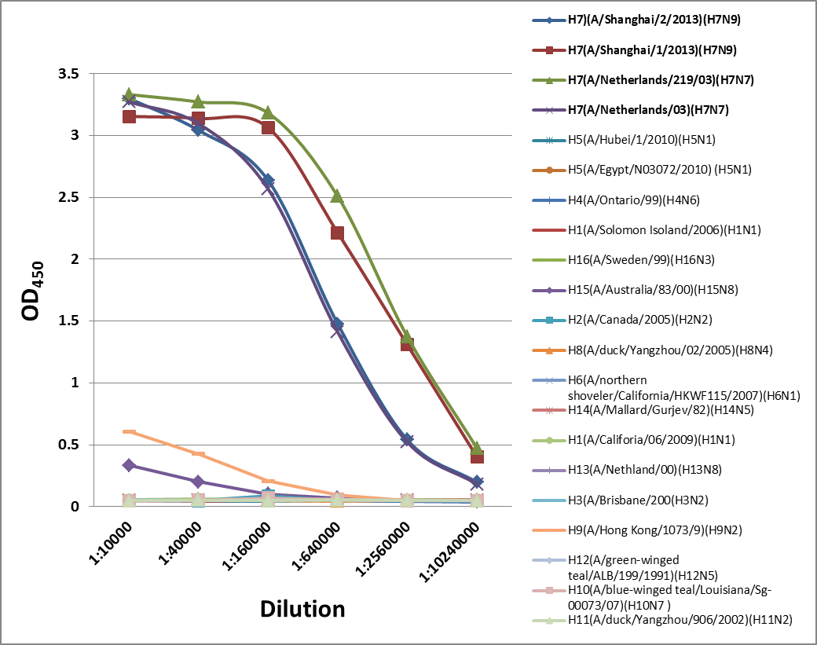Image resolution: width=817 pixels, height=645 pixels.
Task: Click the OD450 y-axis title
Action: (33, 291)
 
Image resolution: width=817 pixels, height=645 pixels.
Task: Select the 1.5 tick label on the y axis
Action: (69, 321)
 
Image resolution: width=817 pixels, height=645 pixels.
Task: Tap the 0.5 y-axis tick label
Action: (69, 445)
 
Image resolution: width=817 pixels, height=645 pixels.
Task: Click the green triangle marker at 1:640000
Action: (337, 196)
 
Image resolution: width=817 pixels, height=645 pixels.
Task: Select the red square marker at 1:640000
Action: (337, 233)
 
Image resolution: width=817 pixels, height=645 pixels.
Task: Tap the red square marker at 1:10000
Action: (129, 116)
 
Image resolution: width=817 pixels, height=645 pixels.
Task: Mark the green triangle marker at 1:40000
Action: (198, 101)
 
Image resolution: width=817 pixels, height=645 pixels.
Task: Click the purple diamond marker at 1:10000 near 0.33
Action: (129, 465)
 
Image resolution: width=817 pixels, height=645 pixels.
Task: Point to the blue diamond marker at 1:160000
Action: (268, 181)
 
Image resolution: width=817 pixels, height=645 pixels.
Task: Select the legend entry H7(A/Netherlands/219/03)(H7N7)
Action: (654, 80)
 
